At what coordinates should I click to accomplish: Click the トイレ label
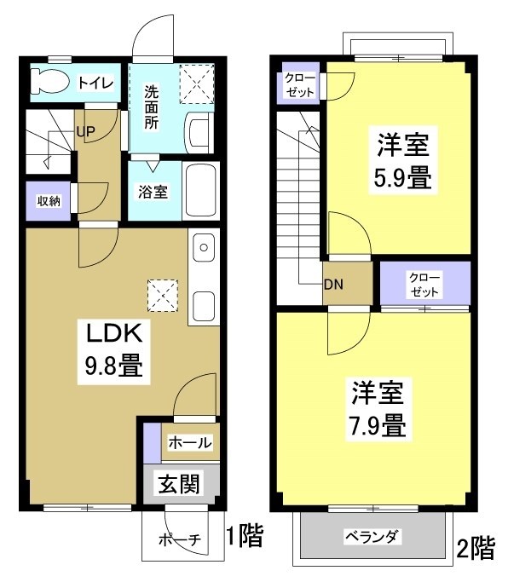point(93,83)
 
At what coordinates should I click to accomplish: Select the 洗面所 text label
point(151,107)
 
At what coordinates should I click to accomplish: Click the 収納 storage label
point(47,201)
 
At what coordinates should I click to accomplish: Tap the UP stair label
point(85,132)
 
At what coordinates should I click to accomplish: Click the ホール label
point(190,443)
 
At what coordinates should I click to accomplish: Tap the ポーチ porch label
point(180,539)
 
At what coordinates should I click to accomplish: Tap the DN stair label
point(332,285)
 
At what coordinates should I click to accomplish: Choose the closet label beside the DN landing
point(424,284)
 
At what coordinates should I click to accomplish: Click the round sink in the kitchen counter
point(204,249)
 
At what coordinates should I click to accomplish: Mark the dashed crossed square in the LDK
point(161,294)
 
